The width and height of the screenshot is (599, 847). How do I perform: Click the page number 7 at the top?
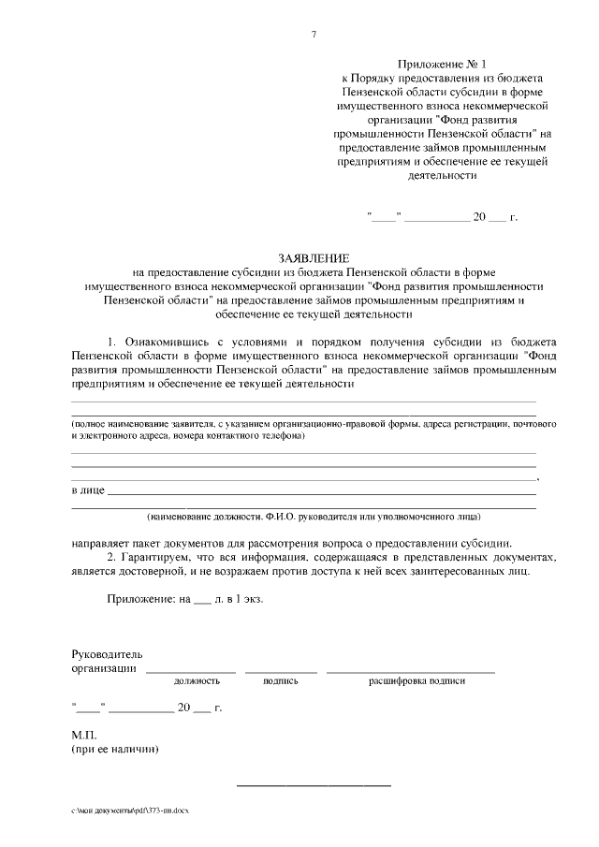pos(314,36)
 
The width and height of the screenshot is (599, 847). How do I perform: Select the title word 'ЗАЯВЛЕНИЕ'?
pos(314,256)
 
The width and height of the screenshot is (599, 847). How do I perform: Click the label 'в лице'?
pos(88,489)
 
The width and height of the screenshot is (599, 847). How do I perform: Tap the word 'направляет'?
pos(102,542)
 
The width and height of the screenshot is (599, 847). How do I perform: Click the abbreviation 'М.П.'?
pos(84,735)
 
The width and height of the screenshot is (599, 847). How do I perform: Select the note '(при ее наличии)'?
pos(115,749)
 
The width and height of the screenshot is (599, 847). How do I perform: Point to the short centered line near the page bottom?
pos(313,783)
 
